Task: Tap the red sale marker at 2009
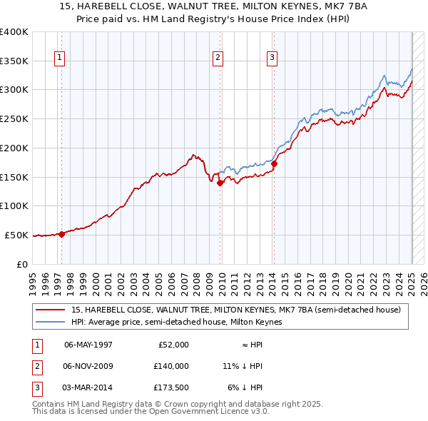point(220,183)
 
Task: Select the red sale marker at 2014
point(274,163)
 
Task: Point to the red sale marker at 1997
point(62,233)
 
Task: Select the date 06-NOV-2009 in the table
point(88,366)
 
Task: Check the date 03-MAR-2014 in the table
point(88,387)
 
